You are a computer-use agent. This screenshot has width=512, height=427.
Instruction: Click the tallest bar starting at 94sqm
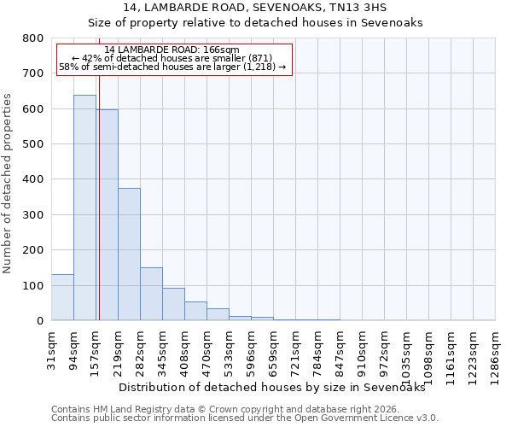(84, 208)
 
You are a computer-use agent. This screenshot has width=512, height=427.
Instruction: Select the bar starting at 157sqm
(107, 214)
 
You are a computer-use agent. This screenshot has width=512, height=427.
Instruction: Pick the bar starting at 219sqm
(129, 254)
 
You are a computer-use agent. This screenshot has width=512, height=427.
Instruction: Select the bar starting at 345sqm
(173, 304)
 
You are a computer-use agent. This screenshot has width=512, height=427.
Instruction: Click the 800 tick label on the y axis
(32, 38)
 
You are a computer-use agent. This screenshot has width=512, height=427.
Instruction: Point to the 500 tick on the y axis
(32, 144)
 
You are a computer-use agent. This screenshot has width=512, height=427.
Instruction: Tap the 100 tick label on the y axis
(32, 286)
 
